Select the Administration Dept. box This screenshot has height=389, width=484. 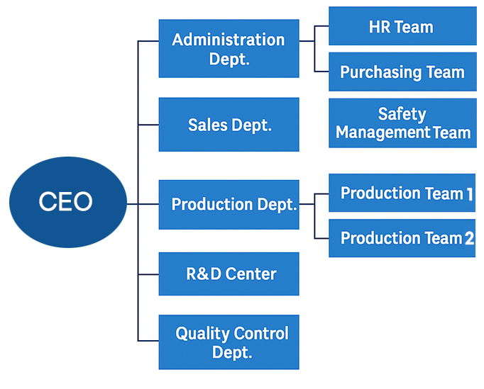229,48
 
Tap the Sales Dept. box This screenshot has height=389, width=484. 229,125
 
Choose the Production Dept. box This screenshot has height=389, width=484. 229,205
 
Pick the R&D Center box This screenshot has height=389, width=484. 229,274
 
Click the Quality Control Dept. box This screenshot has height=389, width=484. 229,342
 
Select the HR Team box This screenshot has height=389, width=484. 402,27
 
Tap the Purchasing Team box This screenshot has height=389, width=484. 402,72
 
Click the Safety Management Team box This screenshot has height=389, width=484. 402,123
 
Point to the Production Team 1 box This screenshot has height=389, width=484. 402,193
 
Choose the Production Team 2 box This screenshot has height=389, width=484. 402,238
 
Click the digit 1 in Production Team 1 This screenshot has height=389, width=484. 470,193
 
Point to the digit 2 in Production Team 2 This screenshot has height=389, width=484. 469,239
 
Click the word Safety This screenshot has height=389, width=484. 402,114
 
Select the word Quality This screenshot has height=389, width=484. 202,333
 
